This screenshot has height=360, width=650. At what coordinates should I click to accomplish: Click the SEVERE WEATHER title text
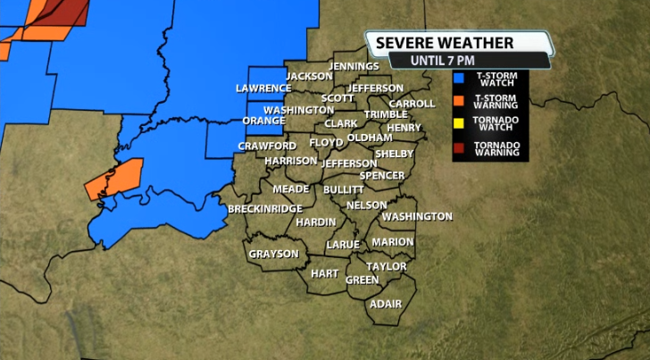(445, 43)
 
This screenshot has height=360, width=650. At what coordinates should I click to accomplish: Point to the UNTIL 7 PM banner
(444, 61)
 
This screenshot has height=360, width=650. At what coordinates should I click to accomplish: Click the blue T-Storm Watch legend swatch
(458, 79)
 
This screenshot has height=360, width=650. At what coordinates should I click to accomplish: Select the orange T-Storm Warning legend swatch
(458, 101)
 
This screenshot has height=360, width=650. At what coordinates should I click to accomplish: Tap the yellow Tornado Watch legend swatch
(458, 124)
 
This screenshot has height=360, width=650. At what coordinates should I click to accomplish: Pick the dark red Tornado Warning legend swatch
(458, 147)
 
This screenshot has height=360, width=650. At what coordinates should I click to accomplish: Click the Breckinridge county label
(265, 208)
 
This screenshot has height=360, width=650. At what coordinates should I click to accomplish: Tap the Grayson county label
(273, 254)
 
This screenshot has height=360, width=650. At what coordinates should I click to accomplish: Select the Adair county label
(386, 304)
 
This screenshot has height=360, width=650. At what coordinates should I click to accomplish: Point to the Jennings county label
(354, 66)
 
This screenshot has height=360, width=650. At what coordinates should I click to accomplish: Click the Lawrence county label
(263, 88)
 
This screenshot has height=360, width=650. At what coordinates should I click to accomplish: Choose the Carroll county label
(412, 104)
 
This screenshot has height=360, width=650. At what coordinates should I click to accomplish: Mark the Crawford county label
(267, 146)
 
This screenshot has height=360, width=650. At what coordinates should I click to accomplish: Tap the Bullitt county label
(344, 189)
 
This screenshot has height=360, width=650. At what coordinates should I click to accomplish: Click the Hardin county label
(316, 222)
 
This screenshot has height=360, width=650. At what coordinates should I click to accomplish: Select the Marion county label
(393, 242)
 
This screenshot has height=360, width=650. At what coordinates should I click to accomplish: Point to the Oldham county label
(370, 138)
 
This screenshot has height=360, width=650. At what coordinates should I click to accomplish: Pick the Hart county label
(324, 273)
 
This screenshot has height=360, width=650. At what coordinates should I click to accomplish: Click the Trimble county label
(386, 114)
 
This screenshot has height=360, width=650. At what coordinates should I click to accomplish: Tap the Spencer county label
(381, 175)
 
